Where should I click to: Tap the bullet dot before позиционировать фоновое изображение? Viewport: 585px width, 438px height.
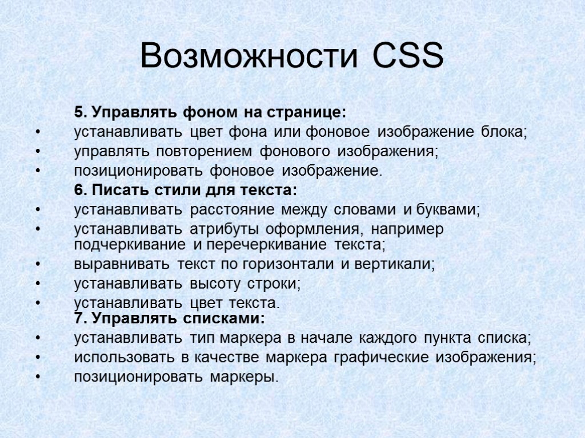38,171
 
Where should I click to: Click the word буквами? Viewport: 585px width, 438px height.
450,210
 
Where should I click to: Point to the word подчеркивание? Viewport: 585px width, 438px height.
130,245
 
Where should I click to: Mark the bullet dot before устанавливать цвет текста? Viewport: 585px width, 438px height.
38,302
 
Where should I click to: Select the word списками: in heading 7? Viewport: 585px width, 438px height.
233,317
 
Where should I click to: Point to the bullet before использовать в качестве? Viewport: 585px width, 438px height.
38,358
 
